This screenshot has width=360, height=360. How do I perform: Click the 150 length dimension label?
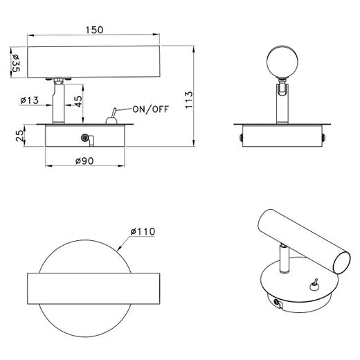click(x=94, y=30)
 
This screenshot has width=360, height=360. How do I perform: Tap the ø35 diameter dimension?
click(x=16, y=63)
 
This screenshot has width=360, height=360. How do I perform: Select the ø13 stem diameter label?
click(x=30, y=100)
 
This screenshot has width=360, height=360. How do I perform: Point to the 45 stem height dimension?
click(x=79, y=102)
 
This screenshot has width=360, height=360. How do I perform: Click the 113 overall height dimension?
click(x=189, y=100)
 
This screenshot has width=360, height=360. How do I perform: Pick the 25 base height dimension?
click(x=19, y=136)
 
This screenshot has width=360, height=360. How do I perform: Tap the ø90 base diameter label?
click(x=84, y=161)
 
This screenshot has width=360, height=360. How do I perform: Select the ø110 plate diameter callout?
click(x=143, y=231)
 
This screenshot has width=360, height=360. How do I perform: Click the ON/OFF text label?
click(x=151, y=109)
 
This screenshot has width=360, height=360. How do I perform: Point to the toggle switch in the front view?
click(x=111, y=117)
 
